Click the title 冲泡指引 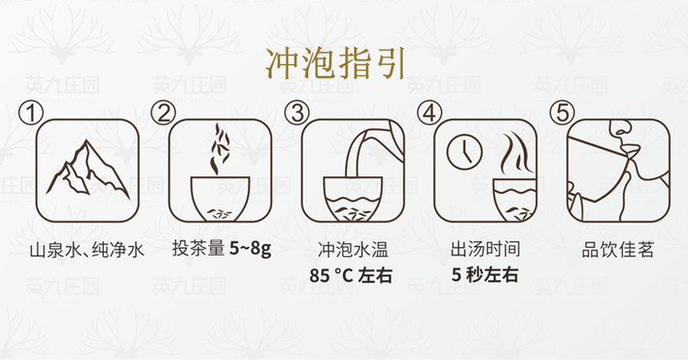pyautogui.click(x=336, y=64)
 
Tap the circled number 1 pyautogui.click(x=31, y=114)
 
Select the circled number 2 pyautogui.click(x=163, y=113)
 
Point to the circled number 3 pyautogui.click(x=297, y=113)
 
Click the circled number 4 pyautogui.click(x=430, y=113)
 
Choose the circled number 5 pyautogui.click(x=562, y=113)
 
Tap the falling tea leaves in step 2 pyautogui.click(x=219, y=149)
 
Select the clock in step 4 pyautogui.click(x=465, y=153)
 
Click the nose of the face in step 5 pyautogui.click(x=619, y=127)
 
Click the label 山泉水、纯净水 pyautogui.click(x=87, y=251)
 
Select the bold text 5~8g pyautogui.click(x=250, y=250)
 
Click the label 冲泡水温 pyautogui.click(x=353, y=250)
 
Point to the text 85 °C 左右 pyautogui.click(x=351, y=276)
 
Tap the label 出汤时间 pyautogui.click(x=485, y=250)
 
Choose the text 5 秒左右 pyautogui.click(x=485, y=275)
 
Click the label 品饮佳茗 pyautogui.click(x=618, y=250)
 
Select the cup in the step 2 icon pyautogui.click(x=221, y=198)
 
